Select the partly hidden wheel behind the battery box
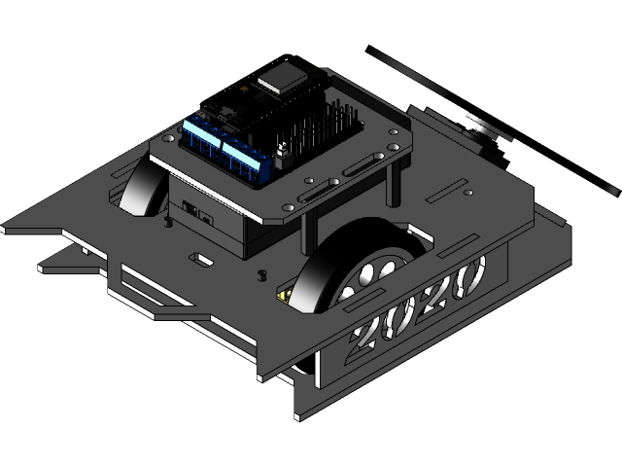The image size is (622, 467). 144,185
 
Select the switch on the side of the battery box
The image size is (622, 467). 195,209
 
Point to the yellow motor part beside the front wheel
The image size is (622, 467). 285,294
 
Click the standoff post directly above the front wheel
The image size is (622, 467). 309,229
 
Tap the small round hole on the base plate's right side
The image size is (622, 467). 468,193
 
